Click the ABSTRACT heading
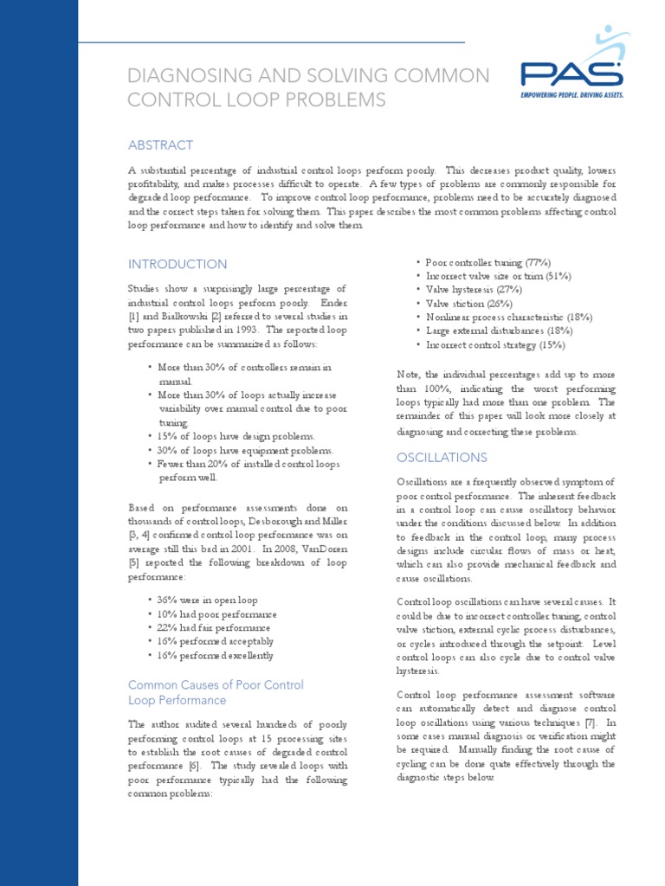click(x=160, y=145)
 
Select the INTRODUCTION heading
click(x=178, y=264)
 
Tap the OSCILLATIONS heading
click(x=442, y=457)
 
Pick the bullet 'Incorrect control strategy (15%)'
click(x=495, y=345)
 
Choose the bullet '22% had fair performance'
click(x=214, y=627)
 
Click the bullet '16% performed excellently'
click(x=216, y=655)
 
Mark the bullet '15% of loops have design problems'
click(x=236, y=436)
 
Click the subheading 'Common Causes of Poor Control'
click(x=216, y=684)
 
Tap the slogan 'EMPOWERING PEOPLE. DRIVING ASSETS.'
click(x=571, y=94)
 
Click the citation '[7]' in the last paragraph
click(x=589, y=722)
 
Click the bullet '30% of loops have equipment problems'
click(x=245, y=450)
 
